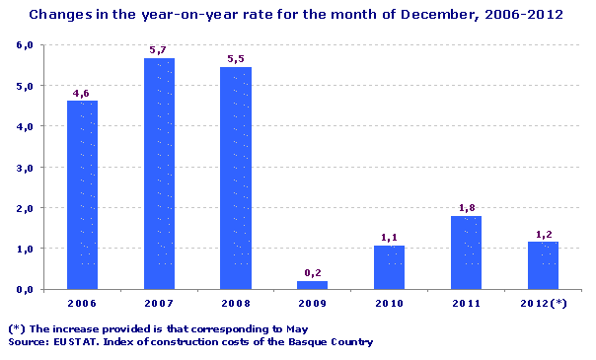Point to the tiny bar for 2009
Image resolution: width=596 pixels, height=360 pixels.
tap(312, 285)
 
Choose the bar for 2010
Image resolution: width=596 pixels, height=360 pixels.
tap(389, 267)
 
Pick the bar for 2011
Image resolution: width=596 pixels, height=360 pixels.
tap(466, 252)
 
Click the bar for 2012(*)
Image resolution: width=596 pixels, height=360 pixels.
tap(543, 264)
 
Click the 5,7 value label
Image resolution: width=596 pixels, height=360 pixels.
tap(159, 49)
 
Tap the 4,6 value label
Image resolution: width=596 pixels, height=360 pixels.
tap(82, 93)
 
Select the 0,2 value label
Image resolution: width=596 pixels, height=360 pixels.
tap(312, 272)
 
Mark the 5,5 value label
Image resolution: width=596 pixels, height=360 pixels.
tap(236, 59)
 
